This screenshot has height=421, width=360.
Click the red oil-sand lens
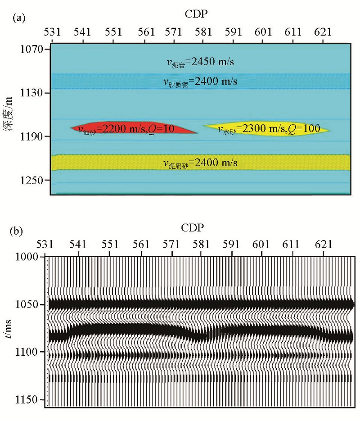tap(135, 128)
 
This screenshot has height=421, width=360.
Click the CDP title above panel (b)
tap(193, 228)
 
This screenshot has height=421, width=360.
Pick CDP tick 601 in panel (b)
tap(262, 244)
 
